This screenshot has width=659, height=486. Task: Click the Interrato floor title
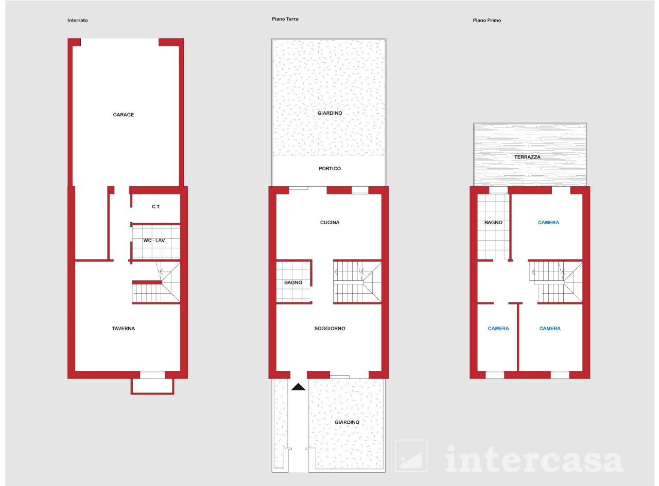point(78,21)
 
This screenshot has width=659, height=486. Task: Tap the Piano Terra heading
point(285,19)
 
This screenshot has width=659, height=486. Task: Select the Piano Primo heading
point(487,21)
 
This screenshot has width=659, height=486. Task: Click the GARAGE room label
point(123,115)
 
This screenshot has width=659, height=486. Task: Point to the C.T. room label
point(156,207)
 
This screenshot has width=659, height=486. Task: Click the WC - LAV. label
point(154,241)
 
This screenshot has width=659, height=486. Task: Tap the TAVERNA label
point(123,328)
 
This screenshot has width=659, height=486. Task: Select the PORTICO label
point(330,169)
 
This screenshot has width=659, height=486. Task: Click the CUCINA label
point(330,222)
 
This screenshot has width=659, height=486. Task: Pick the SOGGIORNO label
point(330,328)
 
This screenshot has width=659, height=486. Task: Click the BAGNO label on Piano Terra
point(293,282)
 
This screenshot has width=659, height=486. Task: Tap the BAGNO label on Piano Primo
point(493,222)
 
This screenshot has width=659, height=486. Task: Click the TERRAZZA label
point(527,157)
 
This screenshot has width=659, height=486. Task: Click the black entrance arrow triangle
point(298,387)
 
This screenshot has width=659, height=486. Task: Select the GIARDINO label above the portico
point(330,113)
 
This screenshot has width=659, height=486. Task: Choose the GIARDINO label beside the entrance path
point(347,422)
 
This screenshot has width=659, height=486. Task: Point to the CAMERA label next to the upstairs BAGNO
point(548,222)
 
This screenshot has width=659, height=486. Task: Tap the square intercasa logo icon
point(411,456)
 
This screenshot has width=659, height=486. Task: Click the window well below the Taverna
point(152,386)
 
